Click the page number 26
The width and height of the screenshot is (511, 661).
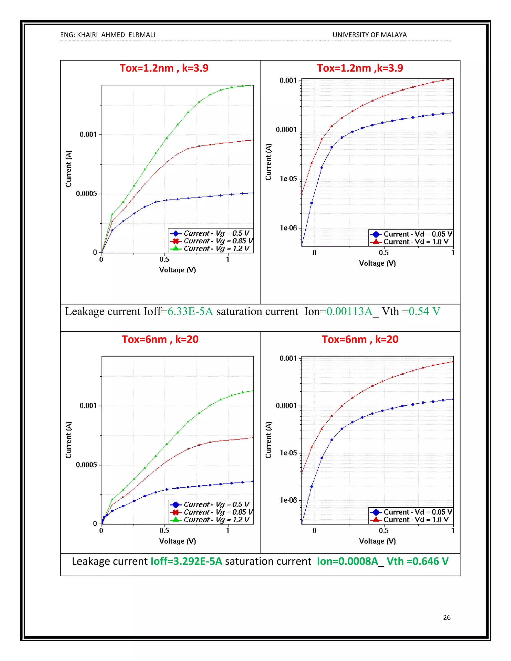[x=447, y=617]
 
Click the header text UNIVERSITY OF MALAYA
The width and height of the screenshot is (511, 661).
[x=369, y=35]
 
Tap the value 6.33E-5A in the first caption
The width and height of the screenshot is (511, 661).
[x=190, y=312]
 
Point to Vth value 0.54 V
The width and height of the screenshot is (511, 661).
[x=424, y=312]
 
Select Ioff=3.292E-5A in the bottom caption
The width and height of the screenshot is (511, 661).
[x=186, y=561]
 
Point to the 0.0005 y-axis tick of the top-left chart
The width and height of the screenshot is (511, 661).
[x=86, y=194]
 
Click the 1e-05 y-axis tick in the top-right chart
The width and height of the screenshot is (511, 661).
[x=288, y=179]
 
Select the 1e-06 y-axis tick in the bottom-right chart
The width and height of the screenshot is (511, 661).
[x=288, y=500]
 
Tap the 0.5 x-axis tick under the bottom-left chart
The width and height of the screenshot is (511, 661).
[x=164, y=531]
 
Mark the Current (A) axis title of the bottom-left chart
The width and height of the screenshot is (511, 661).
[x=69, y=440]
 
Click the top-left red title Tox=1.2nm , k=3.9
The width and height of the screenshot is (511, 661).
[x=164, y=68]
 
